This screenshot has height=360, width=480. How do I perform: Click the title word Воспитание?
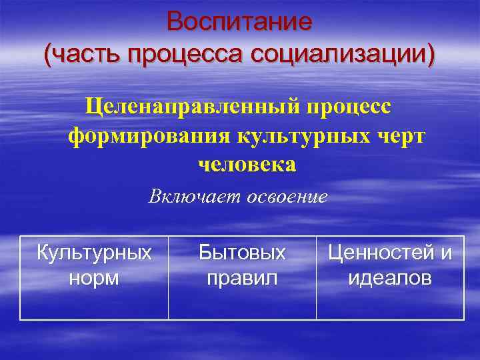tap(239, 21)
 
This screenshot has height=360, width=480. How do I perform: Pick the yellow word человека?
tap(247, 164)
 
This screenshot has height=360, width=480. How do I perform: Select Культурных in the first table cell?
tap(94, 253)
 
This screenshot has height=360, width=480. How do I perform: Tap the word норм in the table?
tap(94, 278)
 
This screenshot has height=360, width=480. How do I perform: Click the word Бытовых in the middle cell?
tap(242, 253)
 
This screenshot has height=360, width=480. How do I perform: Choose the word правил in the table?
tap(242, 278)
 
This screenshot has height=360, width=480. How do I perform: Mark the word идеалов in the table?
tap(390, 278)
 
